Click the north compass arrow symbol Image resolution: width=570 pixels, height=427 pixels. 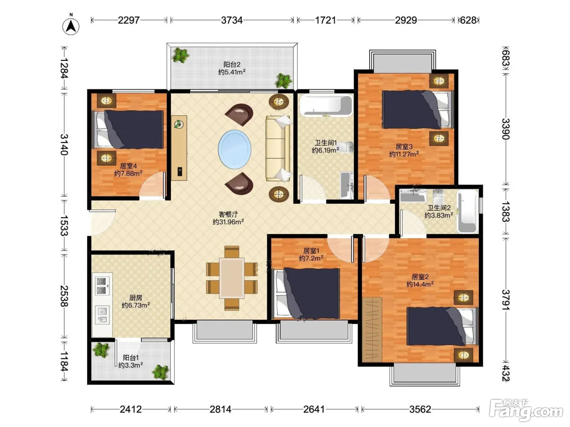[70, 26]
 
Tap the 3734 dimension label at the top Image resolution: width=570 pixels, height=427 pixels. [232, 20]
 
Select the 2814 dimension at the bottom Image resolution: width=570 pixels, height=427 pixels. [221, 410]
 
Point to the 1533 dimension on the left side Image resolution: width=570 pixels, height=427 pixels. [64, 225]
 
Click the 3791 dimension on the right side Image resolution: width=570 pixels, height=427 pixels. [506, 300]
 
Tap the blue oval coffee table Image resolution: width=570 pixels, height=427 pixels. [235, 149]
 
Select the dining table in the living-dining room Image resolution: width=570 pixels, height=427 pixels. [232, 278]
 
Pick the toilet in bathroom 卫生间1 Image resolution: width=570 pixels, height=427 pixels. [346, 147]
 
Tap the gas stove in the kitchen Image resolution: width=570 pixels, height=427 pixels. [102, 286]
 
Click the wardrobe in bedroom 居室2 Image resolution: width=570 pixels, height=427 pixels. [372, 329]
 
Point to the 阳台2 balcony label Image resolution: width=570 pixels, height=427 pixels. [232, 64]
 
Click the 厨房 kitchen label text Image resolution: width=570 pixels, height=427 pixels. [136, 298]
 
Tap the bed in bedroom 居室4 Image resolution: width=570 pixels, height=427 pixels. [128, 129]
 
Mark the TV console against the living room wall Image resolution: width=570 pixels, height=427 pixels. [179, 148]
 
